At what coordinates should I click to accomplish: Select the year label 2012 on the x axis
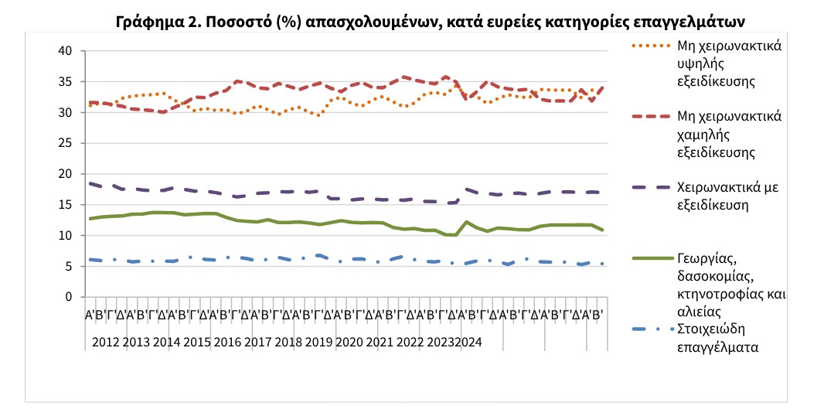pos(107,342)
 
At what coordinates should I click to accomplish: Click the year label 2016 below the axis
pos(227,342)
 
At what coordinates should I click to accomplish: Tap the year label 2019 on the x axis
pos(318,342)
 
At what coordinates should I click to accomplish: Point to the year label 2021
pos(379,342)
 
